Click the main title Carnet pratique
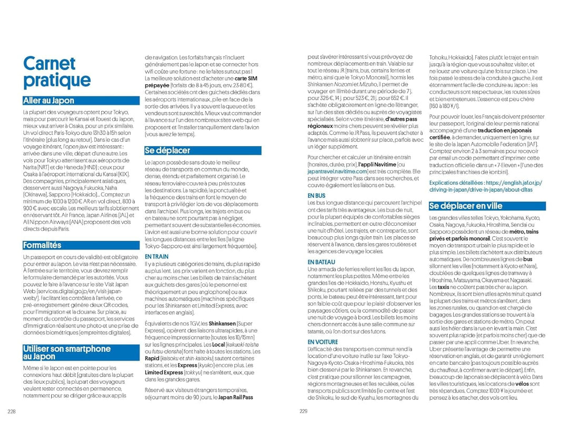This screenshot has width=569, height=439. pyautogui.click(x=57, y=72)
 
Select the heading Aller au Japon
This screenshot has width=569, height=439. pyautogui.click(x=48, y=101)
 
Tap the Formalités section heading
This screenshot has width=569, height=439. pyautogui.click(x=42, y=245)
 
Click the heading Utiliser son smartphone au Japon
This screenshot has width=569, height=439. pyautogui.click(x=66, y=352)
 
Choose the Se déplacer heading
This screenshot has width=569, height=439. pyautogui.click(x=168, y=151)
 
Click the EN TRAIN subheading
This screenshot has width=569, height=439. pyautogui.click(x=156, y=256)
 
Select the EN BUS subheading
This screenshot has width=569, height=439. pyautogui.click(x=316, y=196)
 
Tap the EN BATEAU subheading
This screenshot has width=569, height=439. pyautogui.click(x=321, y=262)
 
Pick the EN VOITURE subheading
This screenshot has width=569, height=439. pyautogui.click(x=322, y=342)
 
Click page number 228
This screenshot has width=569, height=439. pyautogui.click(x=12, y=412)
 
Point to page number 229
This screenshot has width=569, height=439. pyautogui.click(x=303, y=412)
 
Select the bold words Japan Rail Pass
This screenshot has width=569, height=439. pyautogui.click(x=236, y=397)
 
